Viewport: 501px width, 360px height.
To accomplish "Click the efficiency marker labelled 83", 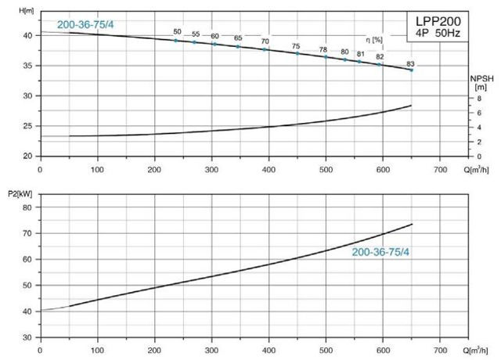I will pos(412,70).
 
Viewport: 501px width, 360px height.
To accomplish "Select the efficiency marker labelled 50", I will pos(176,40).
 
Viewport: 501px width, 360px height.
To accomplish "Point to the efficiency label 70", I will pos(265,41).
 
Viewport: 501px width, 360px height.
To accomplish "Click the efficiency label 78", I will pos(323,49).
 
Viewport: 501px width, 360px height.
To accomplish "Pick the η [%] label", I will pos(375,39).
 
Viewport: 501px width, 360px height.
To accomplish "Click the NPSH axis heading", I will pos(480,82).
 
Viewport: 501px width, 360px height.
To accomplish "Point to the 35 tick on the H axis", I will pos(28,66).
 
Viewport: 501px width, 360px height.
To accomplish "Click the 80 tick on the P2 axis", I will pos(28,207).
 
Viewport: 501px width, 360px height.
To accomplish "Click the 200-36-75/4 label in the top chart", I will pos(87,24).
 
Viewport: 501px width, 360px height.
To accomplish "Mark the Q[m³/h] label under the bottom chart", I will pos(474,347).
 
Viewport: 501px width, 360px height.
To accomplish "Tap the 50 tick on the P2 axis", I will pos(28,285).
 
